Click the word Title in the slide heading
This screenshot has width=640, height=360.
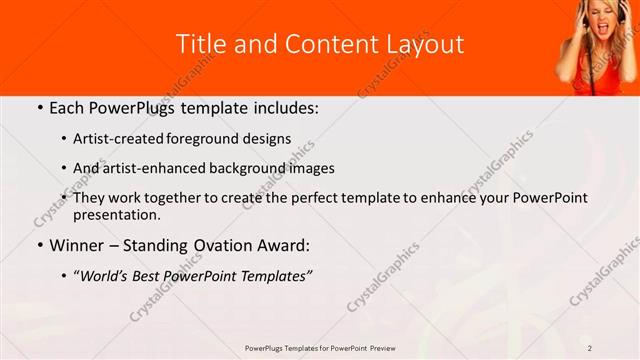(200, 44)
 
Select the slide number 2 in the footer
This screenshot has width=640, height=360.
(590, 348)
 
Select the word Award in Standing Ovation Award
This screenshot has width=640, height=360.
(282, 245)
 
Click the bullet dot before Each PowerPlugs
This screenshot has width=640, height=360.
(38, 106)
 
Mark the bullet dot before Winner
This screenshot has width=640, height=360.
(38, 245)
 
